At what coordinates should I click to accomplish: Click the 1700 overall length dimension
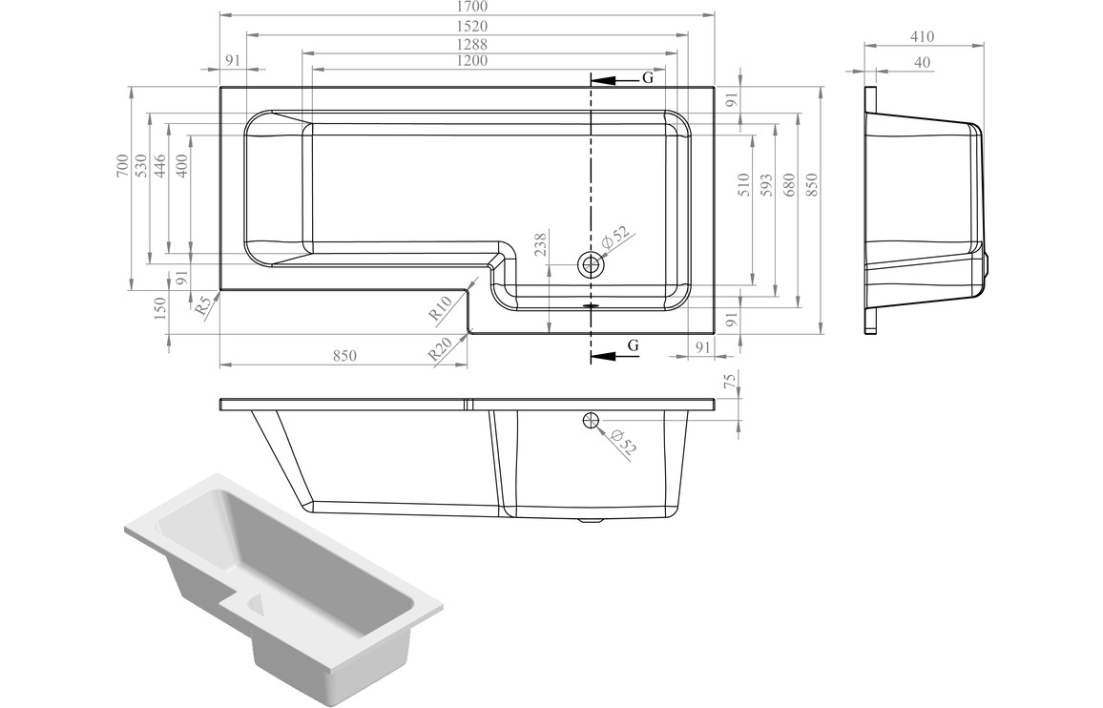coord(468,7)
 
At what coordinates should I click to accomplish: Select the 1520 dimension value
coord(468,26)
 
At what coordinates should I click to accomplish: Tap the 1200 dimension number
coord(470,61)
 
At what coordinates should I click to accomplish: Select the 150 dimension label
coord(159,306)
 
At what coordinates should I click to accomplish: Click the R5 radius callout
coord(202,307)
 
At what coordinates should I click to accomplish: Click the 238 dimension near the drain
coord(541,245)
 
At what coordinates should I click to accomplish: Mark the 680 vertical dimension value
coord(788,184)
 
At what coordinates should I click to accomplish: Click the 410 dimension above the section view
coord(922,37)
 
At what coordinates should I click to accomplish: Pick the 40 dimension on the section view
coord(922,62)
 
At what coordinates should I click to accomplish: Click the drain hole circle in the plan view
coord(592,265)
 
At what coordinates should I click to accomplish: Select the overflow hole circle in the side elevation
coord(590,420)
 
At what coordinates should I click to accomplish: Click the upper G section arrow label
coord(647,78)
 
